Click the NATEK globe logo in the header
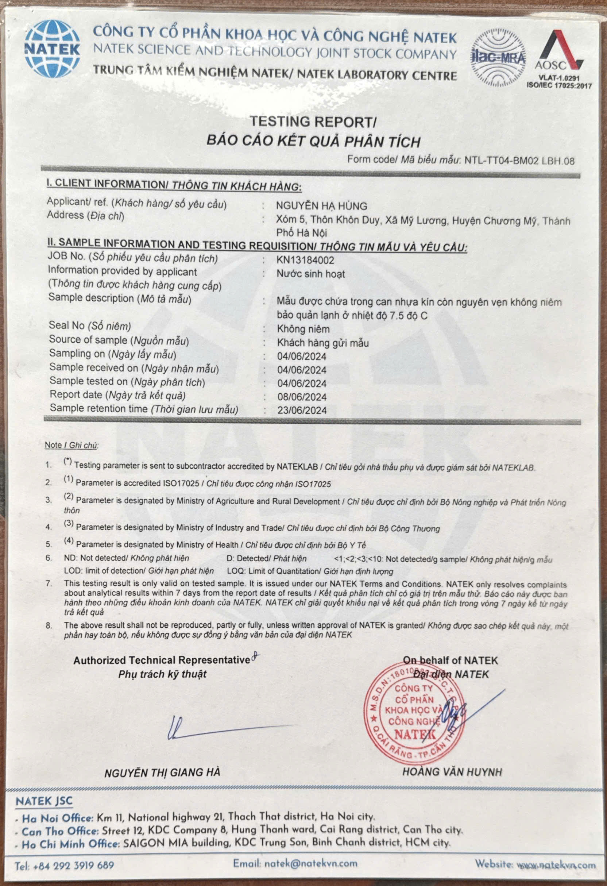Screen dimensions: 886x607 (52, 49)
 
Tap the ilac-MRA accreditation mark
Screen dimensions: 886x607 (498, 57)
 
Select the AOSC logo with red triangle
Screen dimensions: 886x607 (559, 51)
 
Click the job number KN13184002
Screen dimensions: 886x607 (305, 261)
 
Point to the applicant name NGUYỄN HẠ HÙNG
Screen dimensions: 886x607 (322, 206)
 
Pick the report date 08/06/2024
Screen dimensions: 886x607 (302, 397)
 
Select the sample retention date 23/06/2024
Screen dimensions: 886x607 (302, 411)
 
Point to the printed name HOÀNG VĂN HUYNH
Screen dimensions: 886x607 (452, 772)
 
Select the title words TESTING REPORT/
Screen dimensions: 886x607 (313, 122)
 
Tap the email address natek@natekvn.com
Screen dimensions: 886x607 (295, 863)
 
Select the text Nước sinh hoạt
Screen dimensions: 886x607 (310, 274)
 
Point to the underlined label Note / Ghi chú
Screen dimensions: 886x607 (71, 445)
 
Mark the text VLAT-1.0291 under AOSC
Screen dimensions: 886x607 (559, 78)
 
